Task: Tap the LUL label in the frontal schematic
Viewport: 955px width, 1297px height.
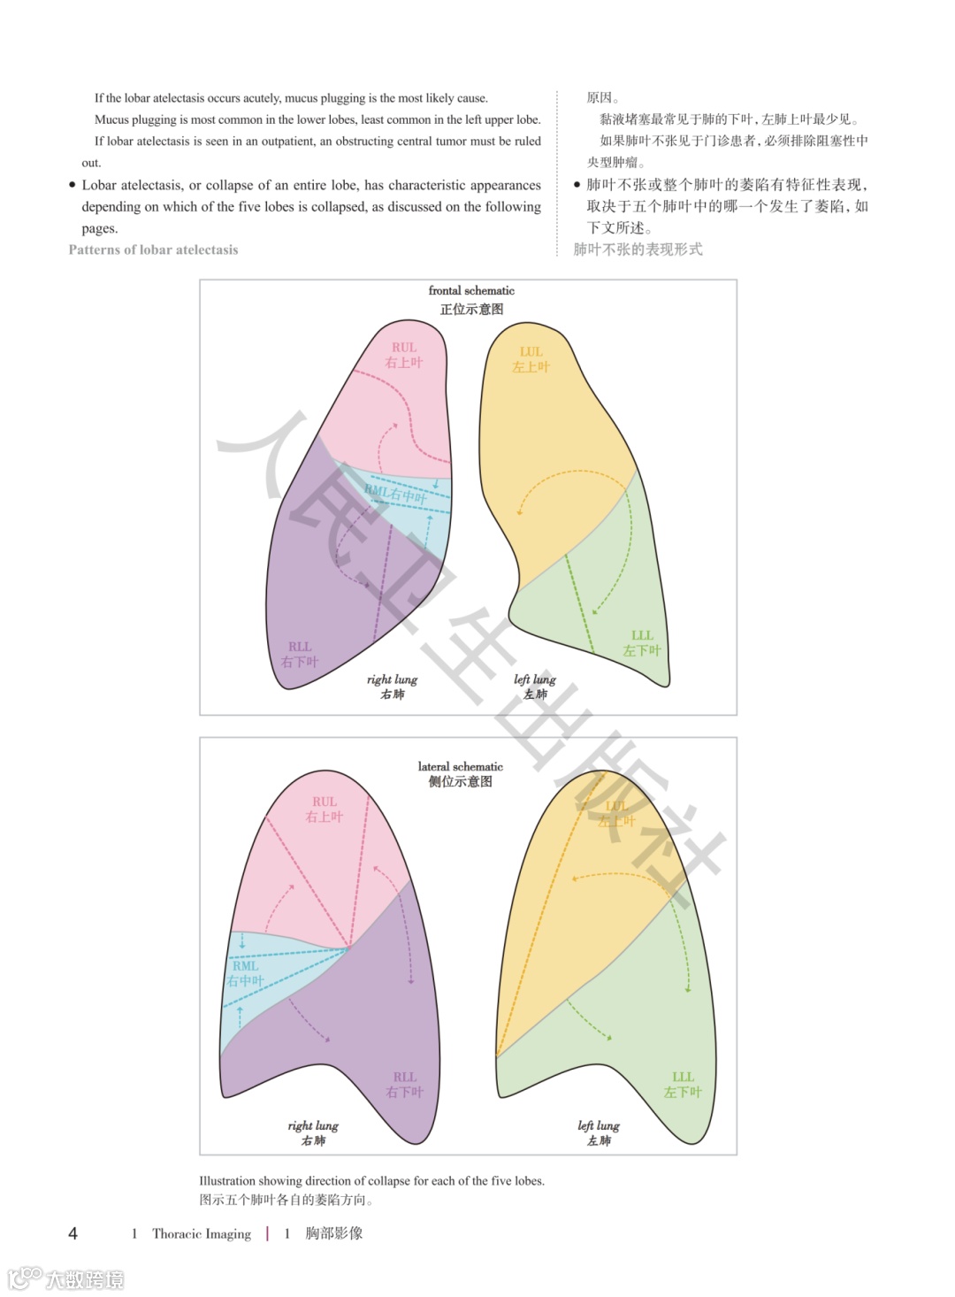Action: [531, 352]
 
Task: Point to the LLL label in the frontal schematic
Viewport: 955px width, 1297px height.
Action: [642, 636]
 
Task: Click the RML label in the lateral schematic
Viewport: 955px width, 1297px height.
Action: [246, 966]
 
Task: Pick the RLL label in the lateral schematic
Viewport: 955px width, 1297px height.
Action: [405, 1078]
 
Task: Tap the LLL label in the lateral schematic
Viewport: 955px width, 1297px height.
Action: [683, 1078]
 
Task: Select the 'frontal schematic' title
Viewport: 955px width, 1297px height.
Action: [471, 291]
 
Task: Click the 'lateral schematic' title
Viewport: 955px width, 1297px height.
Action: [460, 767]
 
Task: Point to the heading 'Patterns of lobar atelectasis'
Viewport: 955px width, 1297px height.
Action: [153, 250]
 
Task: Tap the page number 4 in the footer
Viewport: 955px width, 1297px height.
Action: [73, 1233]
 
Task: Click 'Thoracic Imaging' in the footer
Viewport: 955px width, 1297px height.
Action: [202, 1233]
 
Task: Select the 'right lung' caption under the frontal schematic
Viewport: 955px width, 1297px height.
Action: [392, 679]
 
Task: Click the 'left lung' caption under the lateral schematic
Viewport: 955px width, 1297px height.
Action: [599, 1126]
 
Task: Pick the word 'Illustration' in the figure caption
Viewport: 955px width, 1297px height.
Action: [226, 1181]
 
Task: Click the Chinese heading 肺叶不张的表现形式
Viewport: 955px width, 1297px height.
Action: [638, 249]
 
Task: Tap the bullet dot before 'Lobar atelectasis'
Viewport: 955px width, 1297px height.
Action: [73, 185]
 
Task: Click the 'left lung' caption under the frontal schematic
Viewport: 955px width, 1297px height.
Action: [535, 679]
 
